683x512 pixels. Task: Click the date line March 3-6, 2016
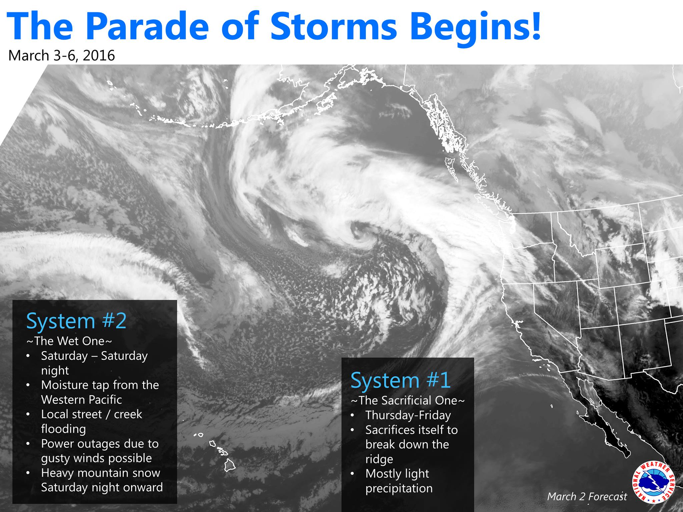(62, 55)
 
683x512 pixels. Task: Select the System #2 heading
(76, 321)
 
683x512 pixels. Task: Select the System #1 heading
(401, 380)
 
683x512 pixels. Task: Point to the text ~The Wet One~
(69, 341)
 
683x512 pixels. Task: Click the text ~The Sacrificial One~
(408, 400)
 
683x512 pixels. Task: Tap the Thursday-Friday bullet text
(408, 415)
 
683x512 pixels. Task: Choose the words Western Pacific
(81, 400)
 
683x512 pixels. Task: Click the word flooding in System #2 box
(63, 429)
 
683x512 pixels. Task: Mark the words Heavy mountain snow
(101, 473)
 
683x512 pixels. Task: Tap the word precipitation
(399, 489)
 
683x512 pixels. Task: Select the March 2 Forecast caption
(587, 496)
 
